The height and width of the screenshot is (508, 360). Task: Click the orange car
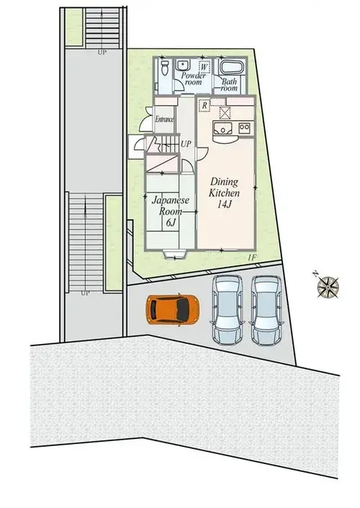172,309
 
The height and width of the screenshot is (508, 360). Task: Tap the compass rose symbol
328,287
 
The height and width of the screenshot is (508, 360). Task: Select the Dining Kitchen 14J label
225,192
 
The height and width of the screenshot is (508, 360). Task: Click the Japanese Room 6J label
171,211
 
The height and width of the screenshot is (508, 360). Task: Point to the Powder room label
193,78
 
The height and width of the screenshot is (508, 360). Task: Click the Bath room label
229,85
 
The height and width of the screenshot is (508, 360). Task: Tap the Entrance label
164,119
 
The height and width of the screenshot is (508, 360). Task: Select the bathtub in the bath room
233,68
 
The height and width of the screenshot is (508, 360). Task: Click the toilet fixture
165,68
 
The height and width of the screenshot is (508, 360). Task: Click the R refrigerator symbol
204,106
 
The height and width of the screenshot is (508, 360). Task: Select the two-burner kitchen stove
244,128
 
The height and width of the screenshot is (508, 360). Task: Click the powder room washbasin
183,65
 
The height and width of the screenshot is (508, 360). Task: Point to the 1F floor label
252,258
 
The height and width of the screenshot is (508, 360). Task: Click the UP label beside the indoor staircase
186,144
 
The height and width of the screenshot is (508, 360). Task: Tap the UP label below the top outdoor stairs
102,52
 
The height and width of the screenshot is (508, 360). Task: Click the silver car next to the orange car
227,309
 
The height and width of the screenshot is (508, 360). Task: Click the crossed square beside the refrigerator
225,113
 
